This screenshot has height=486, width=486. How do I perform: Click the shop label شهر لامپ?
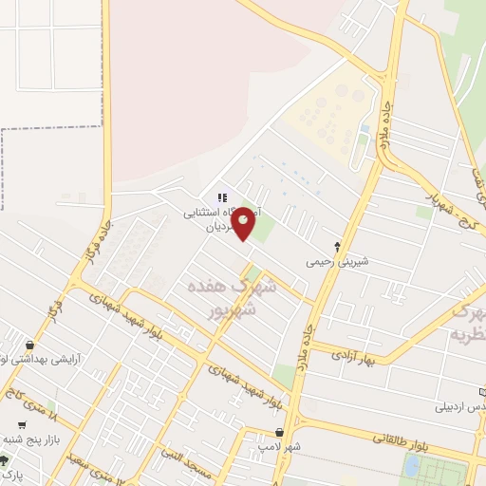279,444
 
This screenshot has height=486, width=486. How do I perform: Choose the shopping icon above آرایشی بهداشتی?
34,346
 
